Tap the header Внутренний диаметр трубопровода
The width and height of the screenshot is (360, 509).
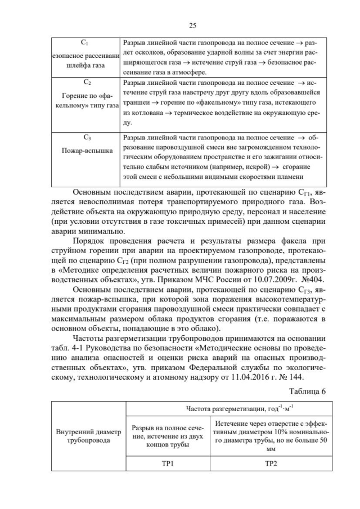pyautogui.click(x=88, y=436)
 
